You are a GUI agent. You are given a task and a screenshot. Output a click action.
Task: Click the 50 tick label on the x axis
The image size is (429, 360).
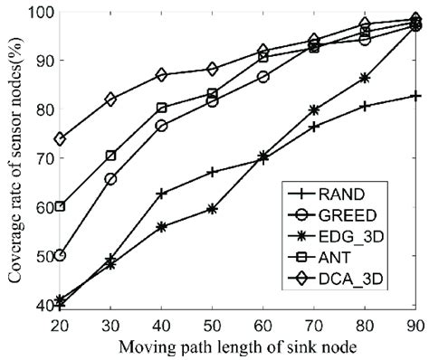213,324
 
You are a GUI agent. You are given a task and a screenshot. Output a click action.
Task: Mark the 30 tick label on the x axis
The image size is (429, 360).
110,324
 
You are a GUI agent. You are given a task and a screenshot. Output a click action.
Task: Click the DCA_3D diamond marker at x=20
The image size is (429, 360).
60,139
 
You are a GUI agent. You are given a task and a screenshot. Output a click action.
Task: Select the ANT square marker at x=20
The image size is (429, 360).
60,206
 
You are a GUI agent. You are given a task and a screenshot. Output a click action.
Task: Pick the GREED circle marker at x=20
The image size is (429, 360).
60,256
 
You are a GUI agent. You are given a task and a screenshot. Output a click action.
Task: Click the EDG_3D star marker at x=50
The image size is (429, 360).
212,208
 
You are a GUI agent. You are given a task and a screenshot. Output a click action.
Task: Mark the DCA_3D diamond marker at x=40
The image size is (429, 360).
161,74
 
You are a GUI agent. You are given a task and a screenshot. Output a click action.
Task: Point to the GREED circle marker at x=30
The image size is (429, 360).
110,179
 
